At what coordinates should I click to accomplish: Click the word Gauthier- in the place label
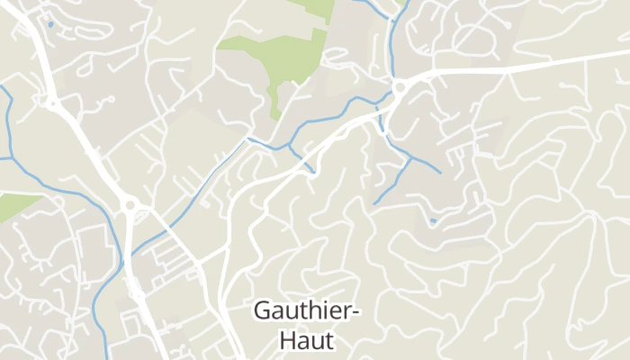point(307,311)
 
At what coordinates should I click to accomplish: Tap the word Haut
point(307,341)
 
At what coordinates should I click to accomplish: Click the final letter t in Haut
point(329,341)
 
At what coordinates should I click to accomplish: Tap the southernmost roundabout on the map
point(131,206)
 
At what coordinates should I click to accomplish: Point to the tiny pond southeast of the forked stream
point(433,220)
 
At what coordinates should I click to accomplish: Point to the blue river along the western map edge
point(8,126)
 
